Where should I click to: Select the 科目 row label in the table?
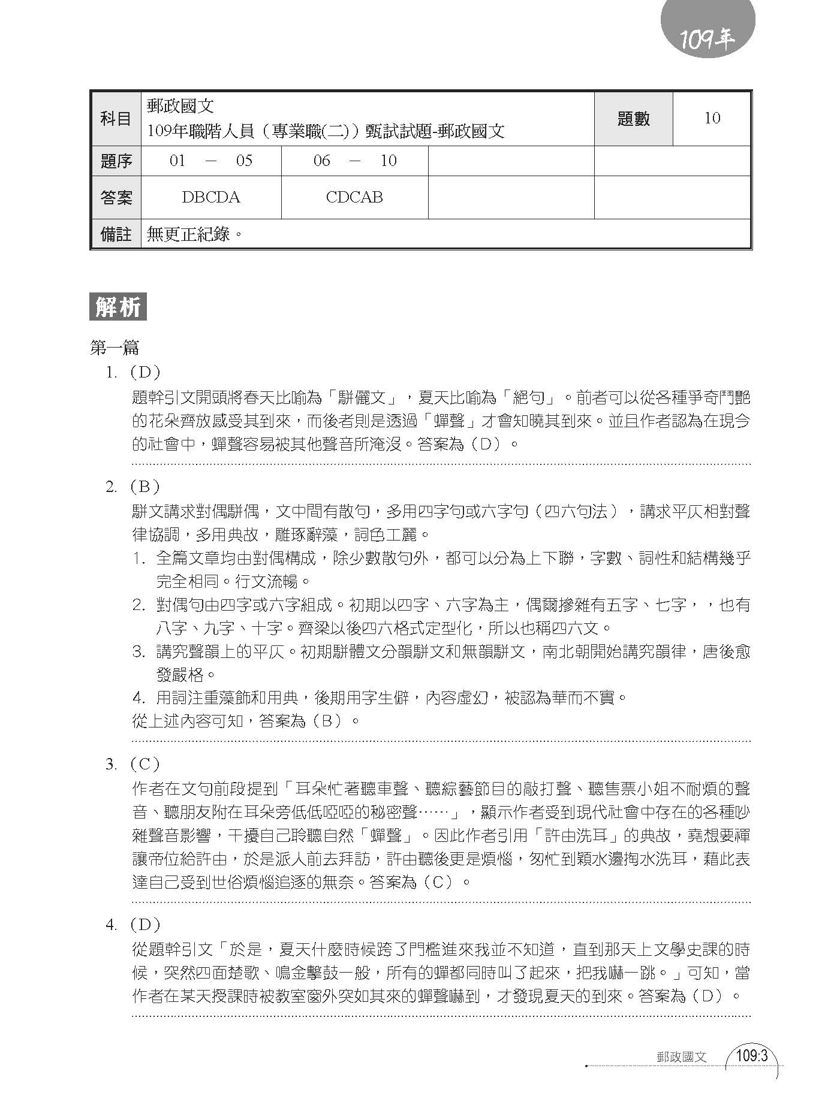tap(116, 119)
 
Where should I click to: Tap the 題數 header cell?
tap(633, 119)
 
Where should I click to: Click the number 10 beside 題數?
tap(712, 118)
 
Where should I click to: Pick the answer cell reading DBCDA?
tap(211, 197)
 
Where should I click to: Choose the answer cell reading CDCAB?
tap(354, 197)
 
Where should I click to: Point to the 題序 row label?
tap(116, 161)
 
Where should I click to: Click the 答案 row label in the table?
tap(116, 197)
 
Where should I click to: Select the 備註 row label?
tap(116, 234)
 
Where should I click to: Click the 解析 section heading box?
tap(118, 307)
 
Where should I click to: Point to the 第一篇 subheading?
tap(115, 348)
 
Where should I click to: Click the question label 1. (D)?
tap(133, 373)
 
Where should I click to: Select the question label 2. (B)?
tap(133, 487)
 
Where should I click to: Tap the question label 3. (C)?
tap(133, 764)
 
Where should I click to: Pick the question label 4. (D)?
tap(133, 925)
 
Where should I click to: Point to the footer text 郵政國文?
tap(682, 1057)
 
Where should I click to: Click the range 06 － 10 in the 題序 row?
tap(355, 161)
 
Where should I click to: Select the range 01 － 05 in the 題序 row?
tap(211, 161)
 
